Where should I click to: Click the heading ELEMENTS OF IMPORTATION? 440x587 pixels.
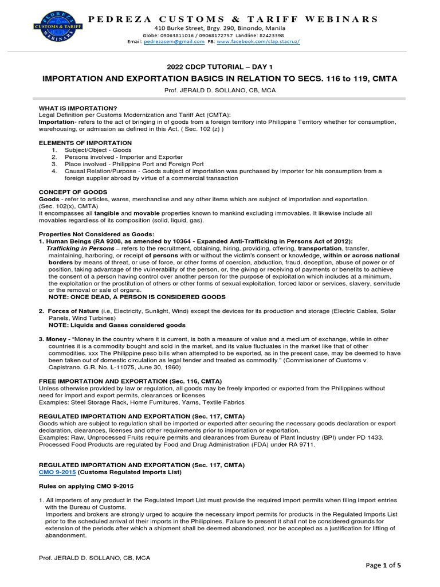coord(85,143)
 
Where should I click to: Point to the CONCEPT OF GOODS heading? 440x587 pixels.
coord(73,192)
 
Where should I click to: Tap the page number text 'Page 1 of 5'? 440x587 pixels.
coord(383,565)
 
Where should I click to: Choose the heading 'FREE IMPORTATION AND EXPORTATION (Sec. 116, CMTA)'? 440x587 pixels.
coord(130,381)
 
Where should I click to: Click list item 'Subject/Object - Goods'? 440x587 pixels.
coord(98,150)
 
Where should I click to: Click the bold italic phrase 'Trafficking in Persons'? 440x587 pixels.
coord(80,248)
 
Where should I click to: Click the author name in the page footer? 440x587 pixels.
coord(94,558)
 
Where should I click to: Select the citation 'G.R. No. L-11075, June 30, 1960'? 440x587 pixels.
coord(130,367)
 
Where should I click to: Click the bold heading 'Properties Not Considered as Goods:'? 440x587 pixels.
coord(96,234)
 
